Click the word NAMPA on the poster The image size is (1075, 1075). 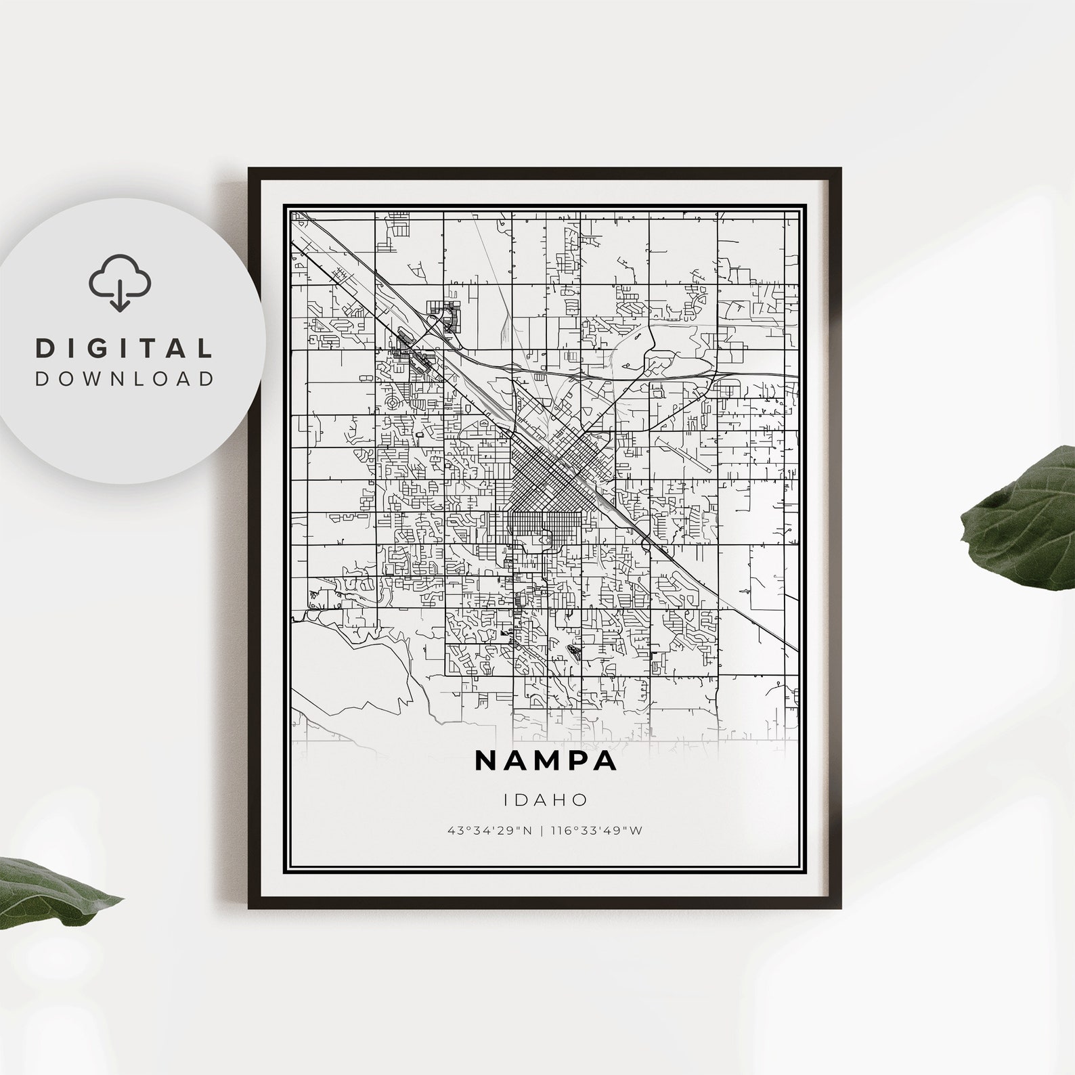pyautogui.click(x=546, y=760)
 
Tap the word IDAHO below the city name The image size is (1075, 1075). pyautogui.click(x=546, y=799)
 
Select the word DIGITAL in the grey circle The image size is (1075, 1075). pyautogui.click(x=125, y=349)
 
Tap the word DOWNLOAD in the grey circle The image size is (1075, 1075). pyautogui.click(x=125, y=378)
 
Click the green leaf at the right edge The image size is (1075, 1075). pyautogui.click(x=1022, y=514)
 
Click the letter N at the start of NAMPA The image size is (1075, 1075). pyautogui.click(x=487, y=760)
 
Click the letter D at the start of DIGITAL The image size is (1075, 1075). pyautogui.click(x=46, y=349)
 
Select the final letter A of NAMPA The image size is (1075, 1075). pyautogui.click(x=605, y=760)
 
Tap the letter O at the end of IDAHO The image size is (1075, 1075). pyautogui.click(x=581, y=799)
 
